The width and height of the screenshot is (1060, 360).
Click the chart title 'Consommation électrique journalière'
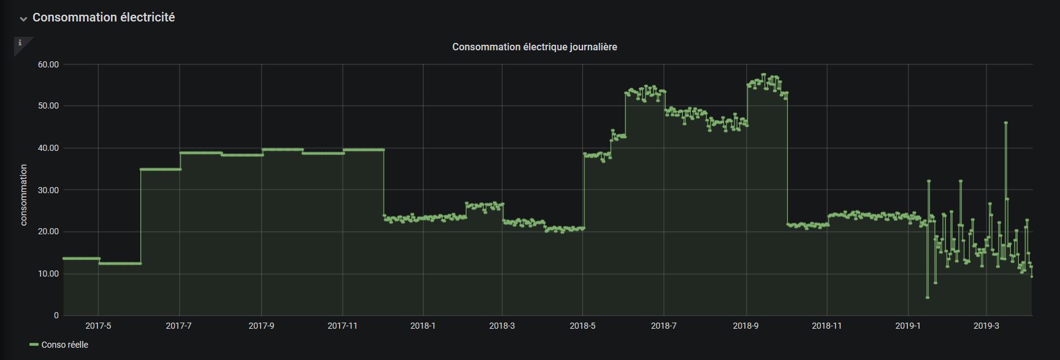click(x=534, y=47)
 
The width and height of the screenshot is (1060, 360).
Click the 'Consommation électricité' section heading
click(x=104, y=18)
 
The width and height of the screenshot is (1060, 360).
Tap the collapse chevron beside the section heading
click(x=23, y=19)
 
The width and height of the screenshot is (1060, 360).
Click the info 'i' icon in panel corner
click(x=20, y=43)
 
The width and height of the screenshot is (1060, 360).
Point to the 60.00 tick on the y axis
click(x=48, y=64)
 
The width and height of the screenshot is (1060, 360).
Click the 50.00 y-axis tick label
click(x=48, y=106)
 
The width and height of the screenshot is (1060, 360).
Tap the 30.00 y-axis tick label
click(x=48, y=190)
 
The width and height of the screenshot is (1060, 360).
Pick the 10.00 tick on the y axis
click(x=48, y=274)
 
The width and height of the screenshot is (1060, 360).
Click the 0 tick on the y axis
click(x=56, y=316)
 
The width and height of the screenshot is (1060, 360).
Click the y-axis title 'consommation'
click(x=24, y=195)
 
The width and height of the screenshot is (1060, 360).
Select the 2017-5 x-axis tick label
click(x=98, y=326)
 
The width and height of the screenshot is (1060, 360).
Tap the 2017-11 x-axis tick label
click(x=342, y=326)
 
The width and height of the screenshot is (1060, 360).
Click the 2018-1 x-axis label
click(x=422, y=326)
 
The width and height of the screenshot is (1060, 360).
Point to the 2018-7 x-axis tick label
click(x=664, y=326)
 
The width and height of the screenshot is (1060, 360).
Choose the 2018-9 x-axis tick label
click(x=745, y=326)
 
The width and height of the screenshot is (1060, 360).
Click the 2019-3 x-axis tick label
click(x=986, y=326)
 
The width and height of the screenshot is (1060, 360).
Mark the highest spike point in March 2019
click(x=1006, y=123)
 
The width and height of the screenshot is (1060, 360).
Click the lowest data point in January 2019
click(x=928, y=297)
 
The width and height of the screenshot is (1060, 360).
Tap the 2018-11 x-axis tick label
click(x=826, y=326)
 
